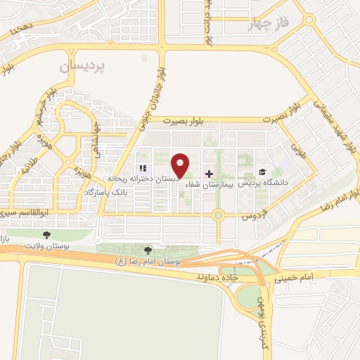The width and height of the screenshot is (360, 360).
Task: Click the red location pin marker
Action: pos(181,164)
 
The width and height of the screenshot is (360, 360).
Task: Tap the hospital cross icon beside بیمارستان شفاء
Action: pos(208,173)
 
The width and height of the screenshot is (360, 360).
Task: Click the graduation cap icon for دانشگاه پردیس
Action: pos(262,172)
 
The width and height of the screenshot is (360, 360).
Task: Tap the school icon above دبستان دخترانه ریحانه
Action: pos(143,169)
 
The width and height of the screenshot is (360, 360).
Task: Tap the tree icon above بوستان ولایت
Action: pos(47,235)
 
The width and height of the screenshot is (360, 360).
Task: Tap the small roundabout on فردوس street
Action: pos(219,214)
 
